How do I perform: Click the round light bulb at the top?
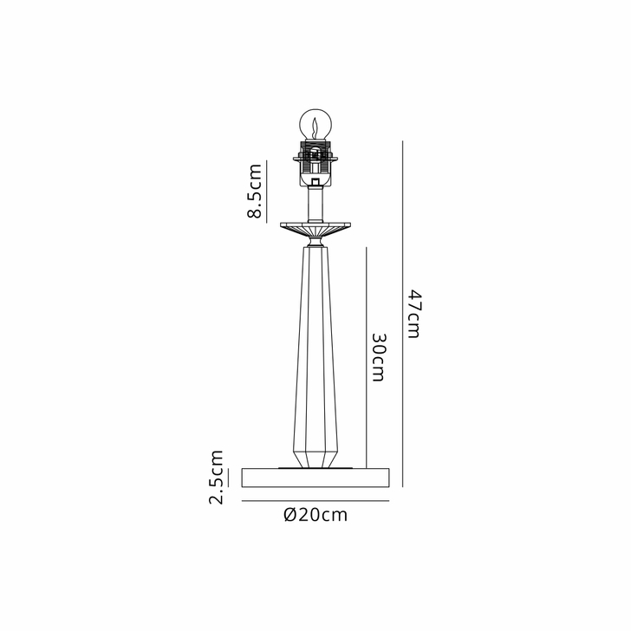pos(315,124)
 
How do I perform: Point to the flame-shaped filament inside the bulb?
pos(315,127)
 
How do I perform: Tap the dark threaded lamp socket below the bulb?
pos(315,162)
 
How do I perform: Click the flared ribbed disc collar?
pos(315,229)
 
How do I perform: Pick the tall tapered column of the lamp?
pos(315,347)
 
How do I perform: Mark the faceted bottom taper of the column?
pos(315,456)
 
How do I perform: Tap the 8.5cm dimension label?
pos(255,192)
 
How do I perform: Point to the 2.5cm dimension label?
pos(217,476)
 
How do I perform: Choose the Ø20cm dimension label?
pos(315,515)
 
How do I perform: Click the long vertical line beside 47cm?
pos(404,313)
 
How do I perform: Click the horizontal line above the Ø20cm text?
pos(315,501)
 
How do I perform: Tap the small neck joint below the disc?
pos(315,244)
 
